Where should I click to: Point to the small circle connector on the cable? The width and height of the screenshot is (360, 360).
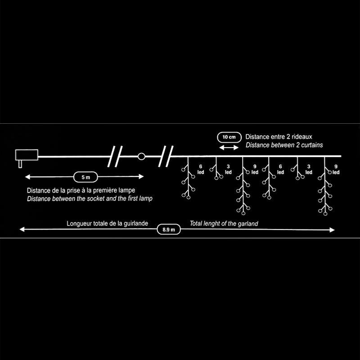141,157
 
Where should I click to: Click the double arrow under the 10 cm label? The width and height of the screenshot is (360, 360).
229,147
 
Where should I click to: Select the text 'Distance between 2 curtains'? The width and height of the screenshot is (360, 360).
284,145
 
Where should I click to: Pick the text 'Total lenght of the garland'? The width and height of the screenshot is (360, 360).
224,223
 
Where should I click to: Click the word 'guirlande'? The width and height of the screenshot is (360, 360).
141,223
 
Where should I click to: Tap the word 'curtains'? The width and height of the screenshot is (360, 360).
311,145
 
